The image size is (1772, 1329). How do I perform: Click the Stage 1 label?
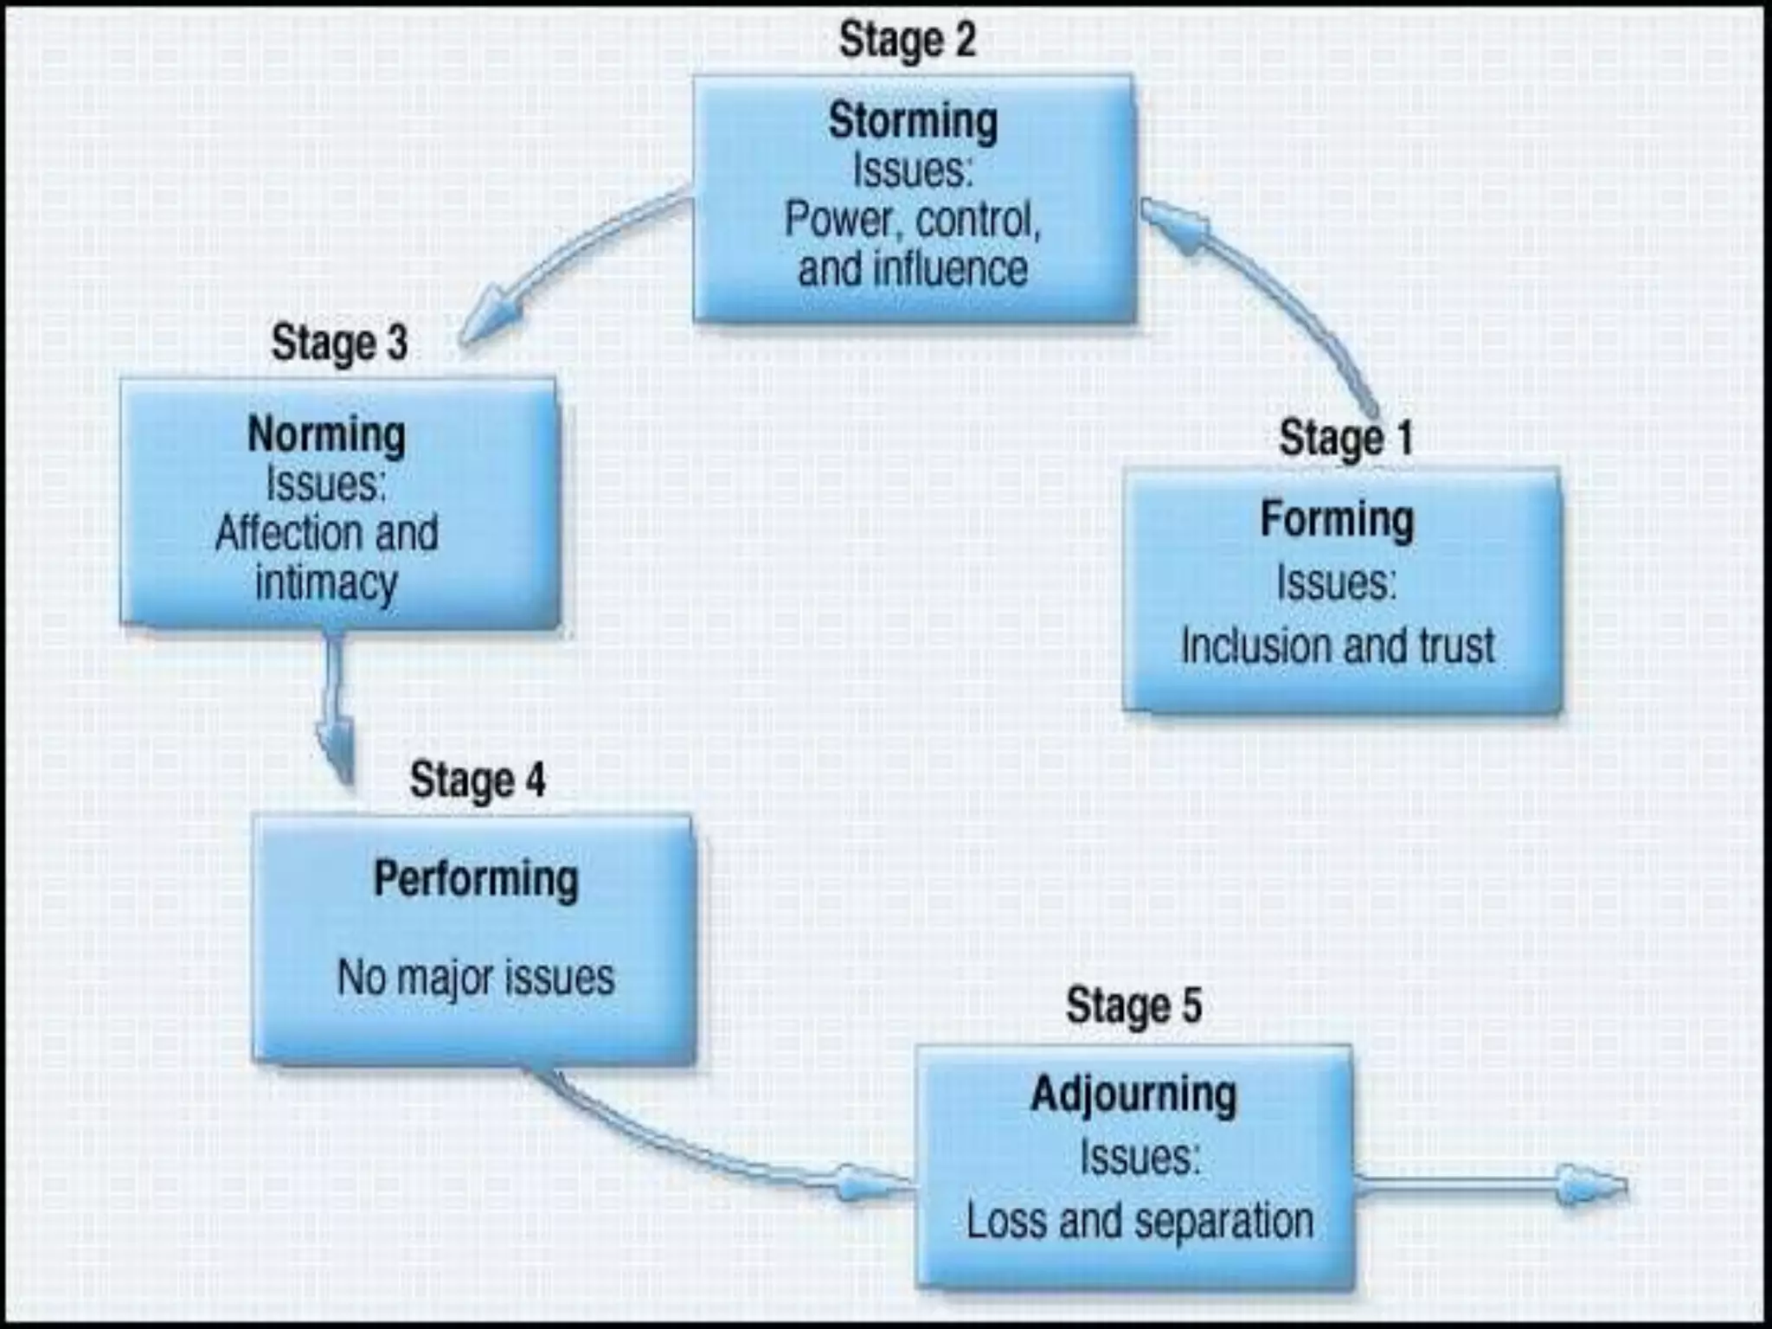coord(1345,438)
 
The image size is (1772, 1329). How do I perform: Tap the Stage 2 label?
coord(908,41)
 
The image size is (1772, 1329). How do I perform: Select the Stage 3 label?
coord(339,343)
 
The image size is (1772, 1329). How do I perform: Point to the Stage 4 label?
coord(478,780)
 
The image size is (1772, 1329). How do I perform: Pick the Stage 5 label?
coord(1133,1005)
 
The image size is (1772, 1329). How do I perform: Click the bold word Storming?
coord(913,120)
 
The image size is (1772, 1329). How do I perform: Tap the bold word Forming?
coord(1338,519)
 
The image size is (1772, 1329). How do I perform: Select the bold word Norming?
coord(327,434)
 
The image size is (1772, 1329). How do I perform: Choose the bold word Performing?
coord(476,879)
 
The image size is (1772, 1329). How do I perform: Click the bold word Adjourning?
coord(1133,1095)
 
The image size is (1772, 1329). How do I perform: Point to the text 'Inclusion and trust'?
coord(1338,646)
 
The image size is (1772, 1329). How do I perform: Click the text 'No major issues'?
coord(476,978)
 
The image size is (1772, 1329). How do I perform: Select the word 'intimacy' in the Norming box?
coord(327,582)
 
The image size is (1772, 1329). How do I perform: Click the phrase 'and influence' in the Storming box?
coord(913,268)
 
